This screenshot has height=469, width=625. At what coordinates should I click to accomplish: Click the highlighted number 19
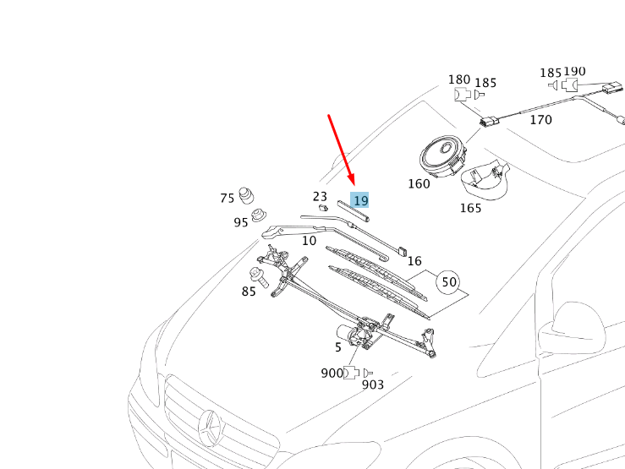(x=360, y=200)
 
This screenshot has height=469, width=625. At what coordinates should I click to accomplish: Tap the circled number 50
(x=448, y=282)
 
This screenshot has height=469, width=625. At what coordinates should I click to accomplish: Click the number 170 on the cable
(x=540, y=120)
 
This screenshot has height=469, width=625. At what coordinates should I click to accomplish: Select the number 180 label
(x=459, y=80)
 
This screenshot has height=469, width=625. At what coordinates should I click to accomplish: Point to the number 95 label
(x=241, y=223)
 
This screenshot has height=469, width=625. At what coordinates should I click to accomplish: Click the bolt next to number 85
(x=257, y=277)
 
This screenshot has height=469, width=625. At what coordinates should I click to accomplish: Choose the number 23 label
(x=320, y=196)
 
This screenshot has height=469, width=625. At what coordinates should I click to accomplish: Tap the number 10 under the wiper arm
(x=309, y=241)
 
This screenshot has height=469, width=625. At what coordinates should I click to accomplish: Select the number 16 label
(x=414, y=261)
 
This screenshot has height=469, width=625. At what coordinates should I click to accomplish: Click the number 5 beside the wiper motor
(x=338, y=346)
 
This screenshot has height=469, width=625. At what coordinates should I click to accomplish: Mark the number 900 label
(x=332, y=374)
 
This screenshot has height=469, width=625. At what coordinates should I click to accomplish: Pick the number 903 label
(x=373, y=385)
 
